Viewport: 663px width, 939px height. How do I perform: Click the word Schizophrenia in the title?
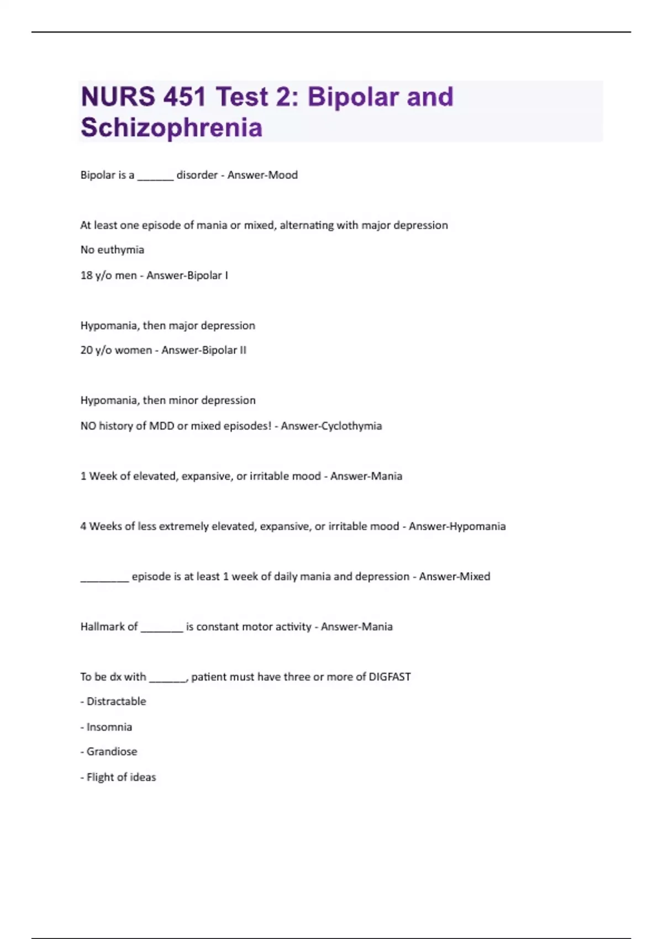[171, 128]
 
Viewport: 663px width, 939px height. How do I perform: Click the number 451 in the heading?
[185, 97]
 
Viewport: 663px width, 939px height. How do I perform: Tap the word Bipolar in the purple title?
[352, 97]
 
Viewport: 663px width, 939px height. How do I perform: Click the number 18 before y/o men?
[86, 275]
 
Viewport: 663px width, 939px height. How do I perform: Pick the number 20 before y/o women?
[86, 350]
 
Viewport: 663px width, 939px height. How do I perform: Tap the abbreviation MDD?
[162, 426]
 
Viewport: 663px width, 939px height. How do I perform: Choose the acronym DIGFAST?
[390, 677]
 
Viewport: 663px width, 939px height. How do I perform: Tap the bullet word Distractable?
[116, 701]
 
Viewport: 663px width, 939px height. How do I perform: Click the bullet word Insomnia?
[109, 727]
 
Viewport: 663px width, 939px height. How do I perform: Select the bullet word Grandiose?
[112, 752]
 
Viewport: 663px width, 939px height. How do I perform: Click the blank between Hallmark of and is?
[161, 629]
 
